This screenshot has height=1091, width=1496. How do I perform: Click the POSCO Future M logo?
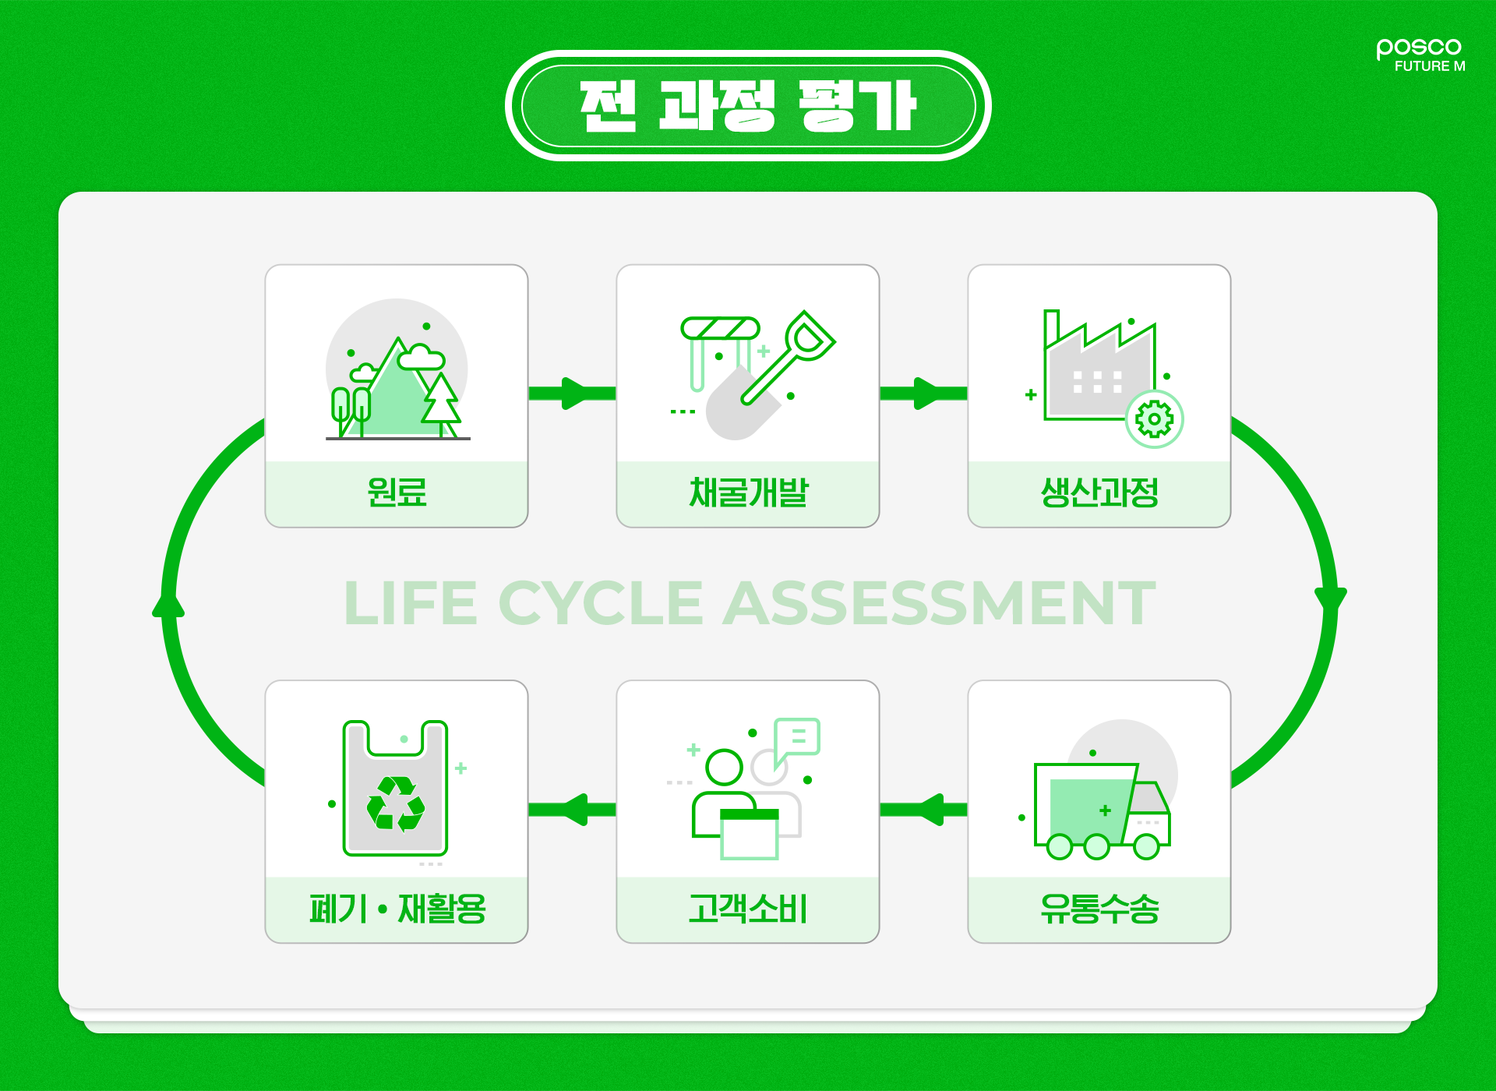(x=1420, y=55)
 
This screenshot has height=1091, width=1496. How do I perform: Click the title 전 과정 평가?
(x=748, y=106)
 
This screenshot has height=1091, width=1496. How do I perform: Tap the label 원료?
(x=397, y=493)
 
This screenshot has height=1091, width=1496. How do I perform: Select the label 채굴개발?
(x=748, y=493)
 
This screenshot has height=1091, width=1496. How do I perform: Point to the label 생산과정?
(x=1099, y=493)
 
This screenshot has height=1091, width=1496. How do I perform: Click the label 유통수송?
(x=1099, y=909)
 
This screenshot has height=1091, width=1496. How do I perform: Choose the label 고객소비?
(x=748, y=909)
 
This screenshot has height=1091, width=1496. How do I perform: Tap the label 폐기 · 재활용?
(x=397, y=909)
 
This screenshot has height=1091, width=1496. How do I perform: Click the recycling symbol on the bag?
(x=396, y=803)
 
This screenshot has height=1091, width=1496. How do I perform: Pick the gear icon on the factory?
(x=1154, y=419)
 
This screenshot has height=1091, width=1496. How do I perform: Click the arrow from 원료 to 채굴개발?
(x=572, y=393)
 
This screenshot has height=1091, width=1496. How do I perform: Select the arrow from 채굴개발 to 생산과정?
(x=923, y=393)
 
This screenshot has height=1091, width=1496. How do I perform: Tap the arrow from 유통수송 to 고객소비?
(x=923, y=810)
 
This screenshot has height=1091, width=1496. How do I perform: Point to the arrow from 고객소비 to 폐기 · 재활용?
(x=572, y=810)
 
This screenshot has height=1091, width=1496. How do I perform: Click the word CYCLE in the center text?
(x=600, y=604)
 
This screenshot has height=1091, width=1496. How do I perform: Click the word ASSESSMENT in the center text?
(x=939, y=604)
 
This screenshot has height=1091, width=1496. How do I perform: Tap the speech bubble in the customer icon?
(x=797, y=736)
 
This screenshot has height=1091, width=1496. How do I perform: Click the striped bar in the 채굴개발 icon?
(x=720, y=328)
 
